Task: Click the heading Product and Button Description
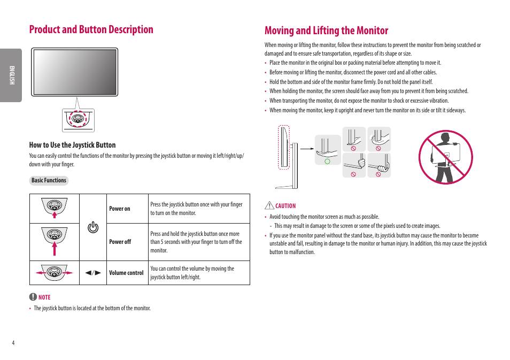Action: [91, 29]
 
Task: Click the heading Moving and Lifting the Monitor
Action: [326, 30]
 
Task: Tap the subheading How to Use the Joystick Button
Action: [72, 145]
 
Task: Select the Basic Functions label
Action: [49, 181]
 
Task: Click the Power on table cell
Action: [120, 209]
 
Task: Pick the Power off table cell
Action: [120, 242]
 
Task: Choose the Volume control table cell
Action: [126, 273]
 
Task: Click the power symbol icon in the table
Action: [93, 227]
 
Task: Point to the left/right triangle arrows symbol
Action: [93, 273]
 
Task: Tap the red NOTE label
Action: [44, 297]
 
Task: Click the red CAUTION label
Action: [285, 206]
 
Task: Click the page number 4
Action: [13, 343]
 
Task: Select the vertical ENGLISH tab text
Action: [11, 75]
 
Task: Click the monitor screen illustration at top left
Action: [74, 72]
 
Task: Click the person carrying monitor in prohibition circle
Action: [445, 157]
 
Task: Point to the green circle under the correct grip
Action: [327, 160]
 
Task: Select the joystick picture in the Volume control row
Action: [54, 272]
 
